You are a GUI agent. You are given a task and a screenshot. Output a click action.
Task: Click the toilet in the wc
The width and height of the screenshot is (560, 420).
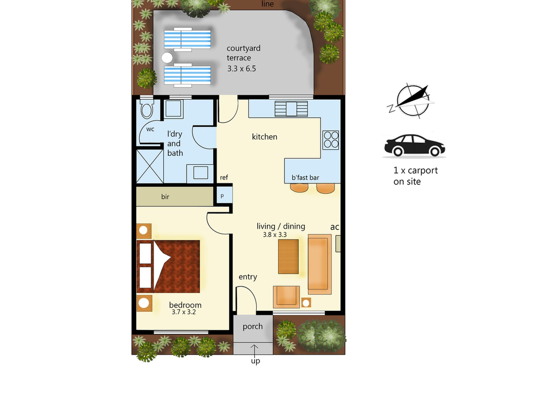(x=146, y=109)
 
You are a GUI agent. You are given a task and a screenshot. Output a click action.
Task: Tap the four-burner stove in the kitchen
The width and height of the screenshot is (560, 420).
(x=331, y=140)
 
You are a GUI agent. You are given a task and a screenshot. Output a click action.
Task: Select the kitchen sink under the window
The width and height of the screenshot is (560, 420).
(x=291, y=109)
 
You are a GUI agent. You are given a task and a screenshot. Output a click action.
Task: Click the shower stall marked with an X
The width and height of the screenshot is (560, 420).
(x=150, y=166)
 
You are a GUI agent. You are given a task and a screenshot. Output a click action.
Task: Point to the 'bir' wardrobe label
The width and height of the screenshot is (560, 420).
(x=165, y=197)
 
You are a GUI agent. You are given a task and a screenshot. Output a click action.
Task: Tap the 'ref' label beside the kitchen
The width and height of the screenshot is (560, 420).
(x=224, y=177)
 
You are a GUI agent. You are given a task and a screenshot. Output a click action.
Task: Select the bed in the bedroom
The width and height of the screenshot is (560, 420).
(x=168, y=266)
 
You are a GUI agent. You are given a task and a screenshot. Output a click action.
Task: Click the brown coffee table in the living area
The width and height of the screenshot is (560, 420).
(x=288, y=256)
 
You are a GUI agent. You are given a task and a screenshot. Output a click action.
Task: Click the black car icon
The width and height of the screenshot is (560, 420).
(x=414, y=145)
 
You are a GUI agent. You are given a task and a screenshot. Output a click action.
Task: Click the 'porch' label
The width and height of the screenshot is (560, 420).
(x=253, y=326)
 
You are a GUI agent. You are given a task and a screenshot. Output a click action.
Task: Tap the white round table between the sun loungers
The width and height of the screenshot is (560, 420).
(x=167, y=58)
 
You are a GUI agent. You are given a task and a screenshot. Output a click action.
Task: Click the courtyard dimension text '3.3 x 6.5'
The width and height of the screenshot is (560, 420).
(x=241, y=69)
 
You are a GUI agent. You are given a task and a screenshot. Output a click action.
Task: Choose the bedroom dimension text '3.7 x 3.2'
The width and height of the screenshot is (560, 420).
(x=184, y=312)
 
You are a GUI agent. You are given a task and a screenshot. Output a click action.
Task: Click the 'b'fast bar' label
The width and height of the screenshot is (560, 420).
(x=305, y=178)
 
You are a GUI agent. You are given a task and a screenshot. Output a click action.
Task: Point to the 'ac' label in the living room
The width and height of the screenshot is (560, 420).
(x=335, y=227)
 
